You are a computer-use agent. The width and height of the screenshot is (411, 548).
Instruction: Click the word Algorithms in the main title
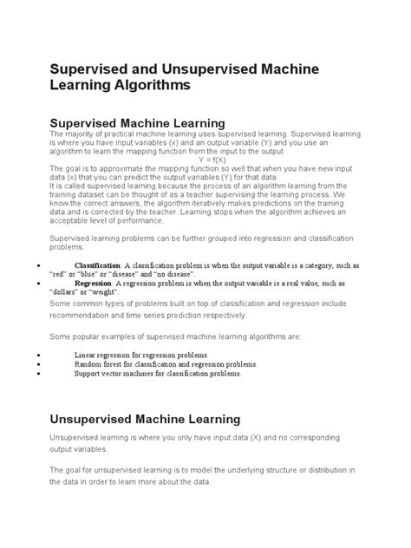pyautogui.click(x=151, y=87)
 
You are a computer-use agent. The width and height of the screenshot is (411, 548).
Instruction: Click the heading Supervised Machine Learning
pyautogui.click(x=138, y=123)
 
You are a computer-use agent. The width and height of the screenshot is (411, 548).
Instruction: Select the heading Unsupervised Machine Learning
pyautogui.click(x=146, y=419)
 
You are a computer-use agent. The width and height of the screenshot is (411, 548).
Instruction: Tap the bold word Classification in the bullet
pyautogui.click(x=98, y=264)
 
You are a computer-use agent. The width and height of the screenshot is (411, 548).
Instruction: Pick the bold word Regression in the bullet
pyautogui.click(x=94, y=283)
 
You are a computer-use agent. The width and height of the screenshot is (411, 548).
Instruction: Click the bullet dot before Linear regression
pyautogui.click(x=37, y=356)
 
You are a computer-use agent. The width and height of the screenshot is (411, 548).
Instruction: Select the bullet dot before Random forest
pyautogui.click(x=37, y=365)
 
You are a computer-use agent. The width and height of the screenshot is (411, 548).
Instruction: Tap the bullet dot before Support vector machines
pyautogui.click(x=37, y=374)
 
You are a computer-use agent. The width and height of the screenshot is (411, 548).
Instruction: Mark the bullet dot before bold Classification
pyautogui.click(x=37, y=264)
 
